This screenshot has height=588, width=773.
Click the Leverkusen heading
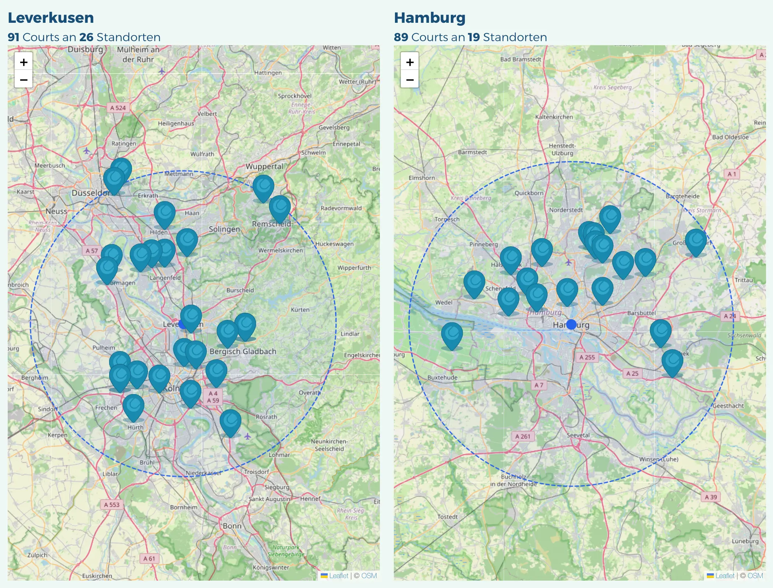[51, 18]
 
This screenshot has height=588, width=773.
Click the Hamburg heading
[429, 18]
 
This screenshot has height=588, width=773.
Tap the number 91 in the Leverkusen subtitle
[14, 37]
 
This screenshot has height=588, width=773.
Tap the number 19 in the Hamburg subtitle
[474, 37]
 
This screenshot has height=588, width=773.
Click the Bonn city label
[232, 526]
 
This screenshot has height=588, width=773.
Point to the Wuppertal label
[265, 166]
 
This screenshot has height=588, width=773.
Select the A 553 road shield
[112, 505]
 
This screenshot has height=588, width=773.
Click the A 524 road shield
[118, 108]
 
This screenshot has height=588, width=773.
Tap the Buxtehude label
[442, 377]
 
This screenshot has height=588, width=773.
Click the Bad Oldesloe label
[730, 137]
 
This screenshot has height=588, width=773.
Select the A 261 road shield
[523, 436]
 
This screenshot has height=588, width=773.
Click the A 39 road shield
[711, 497]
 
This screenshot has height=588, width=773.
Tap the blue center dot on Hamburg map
[571, 325]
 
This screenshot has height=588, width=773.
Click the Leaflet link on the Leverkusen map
[338, 576]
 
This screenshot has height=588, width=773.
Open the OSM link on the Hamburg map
[755, 576]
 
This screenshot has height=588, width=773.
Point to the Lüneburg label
[745, 541]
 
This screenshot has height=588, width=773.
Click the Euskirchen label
[97, 576]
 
